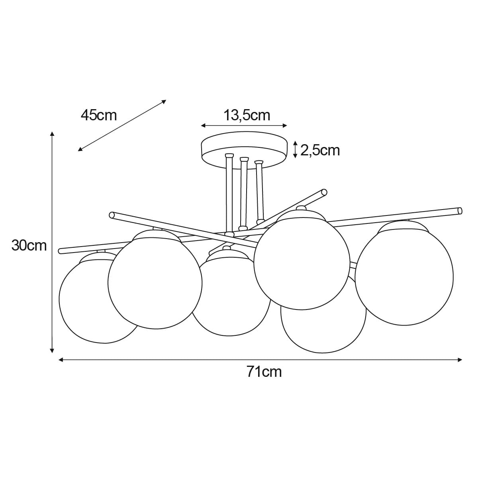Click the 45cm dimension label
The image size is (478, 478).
pyautogui.click(x=98, y=115)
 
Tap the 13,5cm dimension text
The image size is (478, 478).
pyautogui.click(x=247, y=115)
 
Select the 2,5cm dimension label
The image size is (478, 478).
pyautogui.click(x=320, y=150)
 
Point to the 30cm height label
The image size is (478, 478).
pyautogui.click(x=29, y=245)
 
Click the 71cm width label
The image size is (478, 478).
pyautogui.click(x=264, y=372)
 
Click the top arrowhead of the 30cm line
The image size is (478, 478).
pyautogui.click(x=52, y=133)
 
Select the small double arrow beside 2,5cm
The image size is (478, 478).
pyautogui.click(x=295, y=149)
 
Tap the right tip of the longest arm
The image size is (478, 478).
pyautogui.click(x=460, y=210)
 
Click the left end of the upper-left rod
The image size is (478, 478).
pyautogui.click(x=112, y=215)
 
